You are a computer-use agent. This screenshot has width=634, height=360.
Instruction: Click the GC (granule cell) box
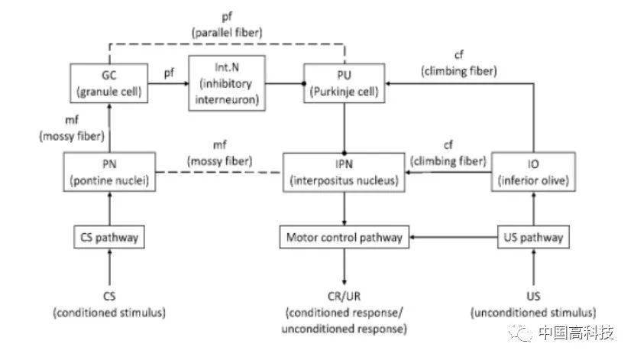109,84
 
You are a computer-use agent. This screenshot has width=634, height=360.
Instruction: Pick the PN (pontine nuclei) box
109,172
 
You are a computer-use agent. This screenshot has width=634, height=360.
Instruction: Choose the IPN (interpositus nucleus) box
344,172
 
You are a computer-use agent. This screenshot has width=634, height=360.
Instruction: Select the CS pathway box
109,238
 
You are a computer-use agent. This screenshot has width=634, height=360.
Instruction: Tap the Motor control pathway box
344,238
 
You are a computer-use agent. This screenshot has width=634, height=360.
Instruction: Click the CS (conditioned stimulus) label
109,303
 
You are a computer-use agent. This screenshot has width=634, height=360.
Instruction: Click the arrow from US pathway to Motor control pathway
454,238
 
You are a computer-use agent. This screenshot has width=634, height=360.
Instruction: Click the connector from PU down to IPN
344,127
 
